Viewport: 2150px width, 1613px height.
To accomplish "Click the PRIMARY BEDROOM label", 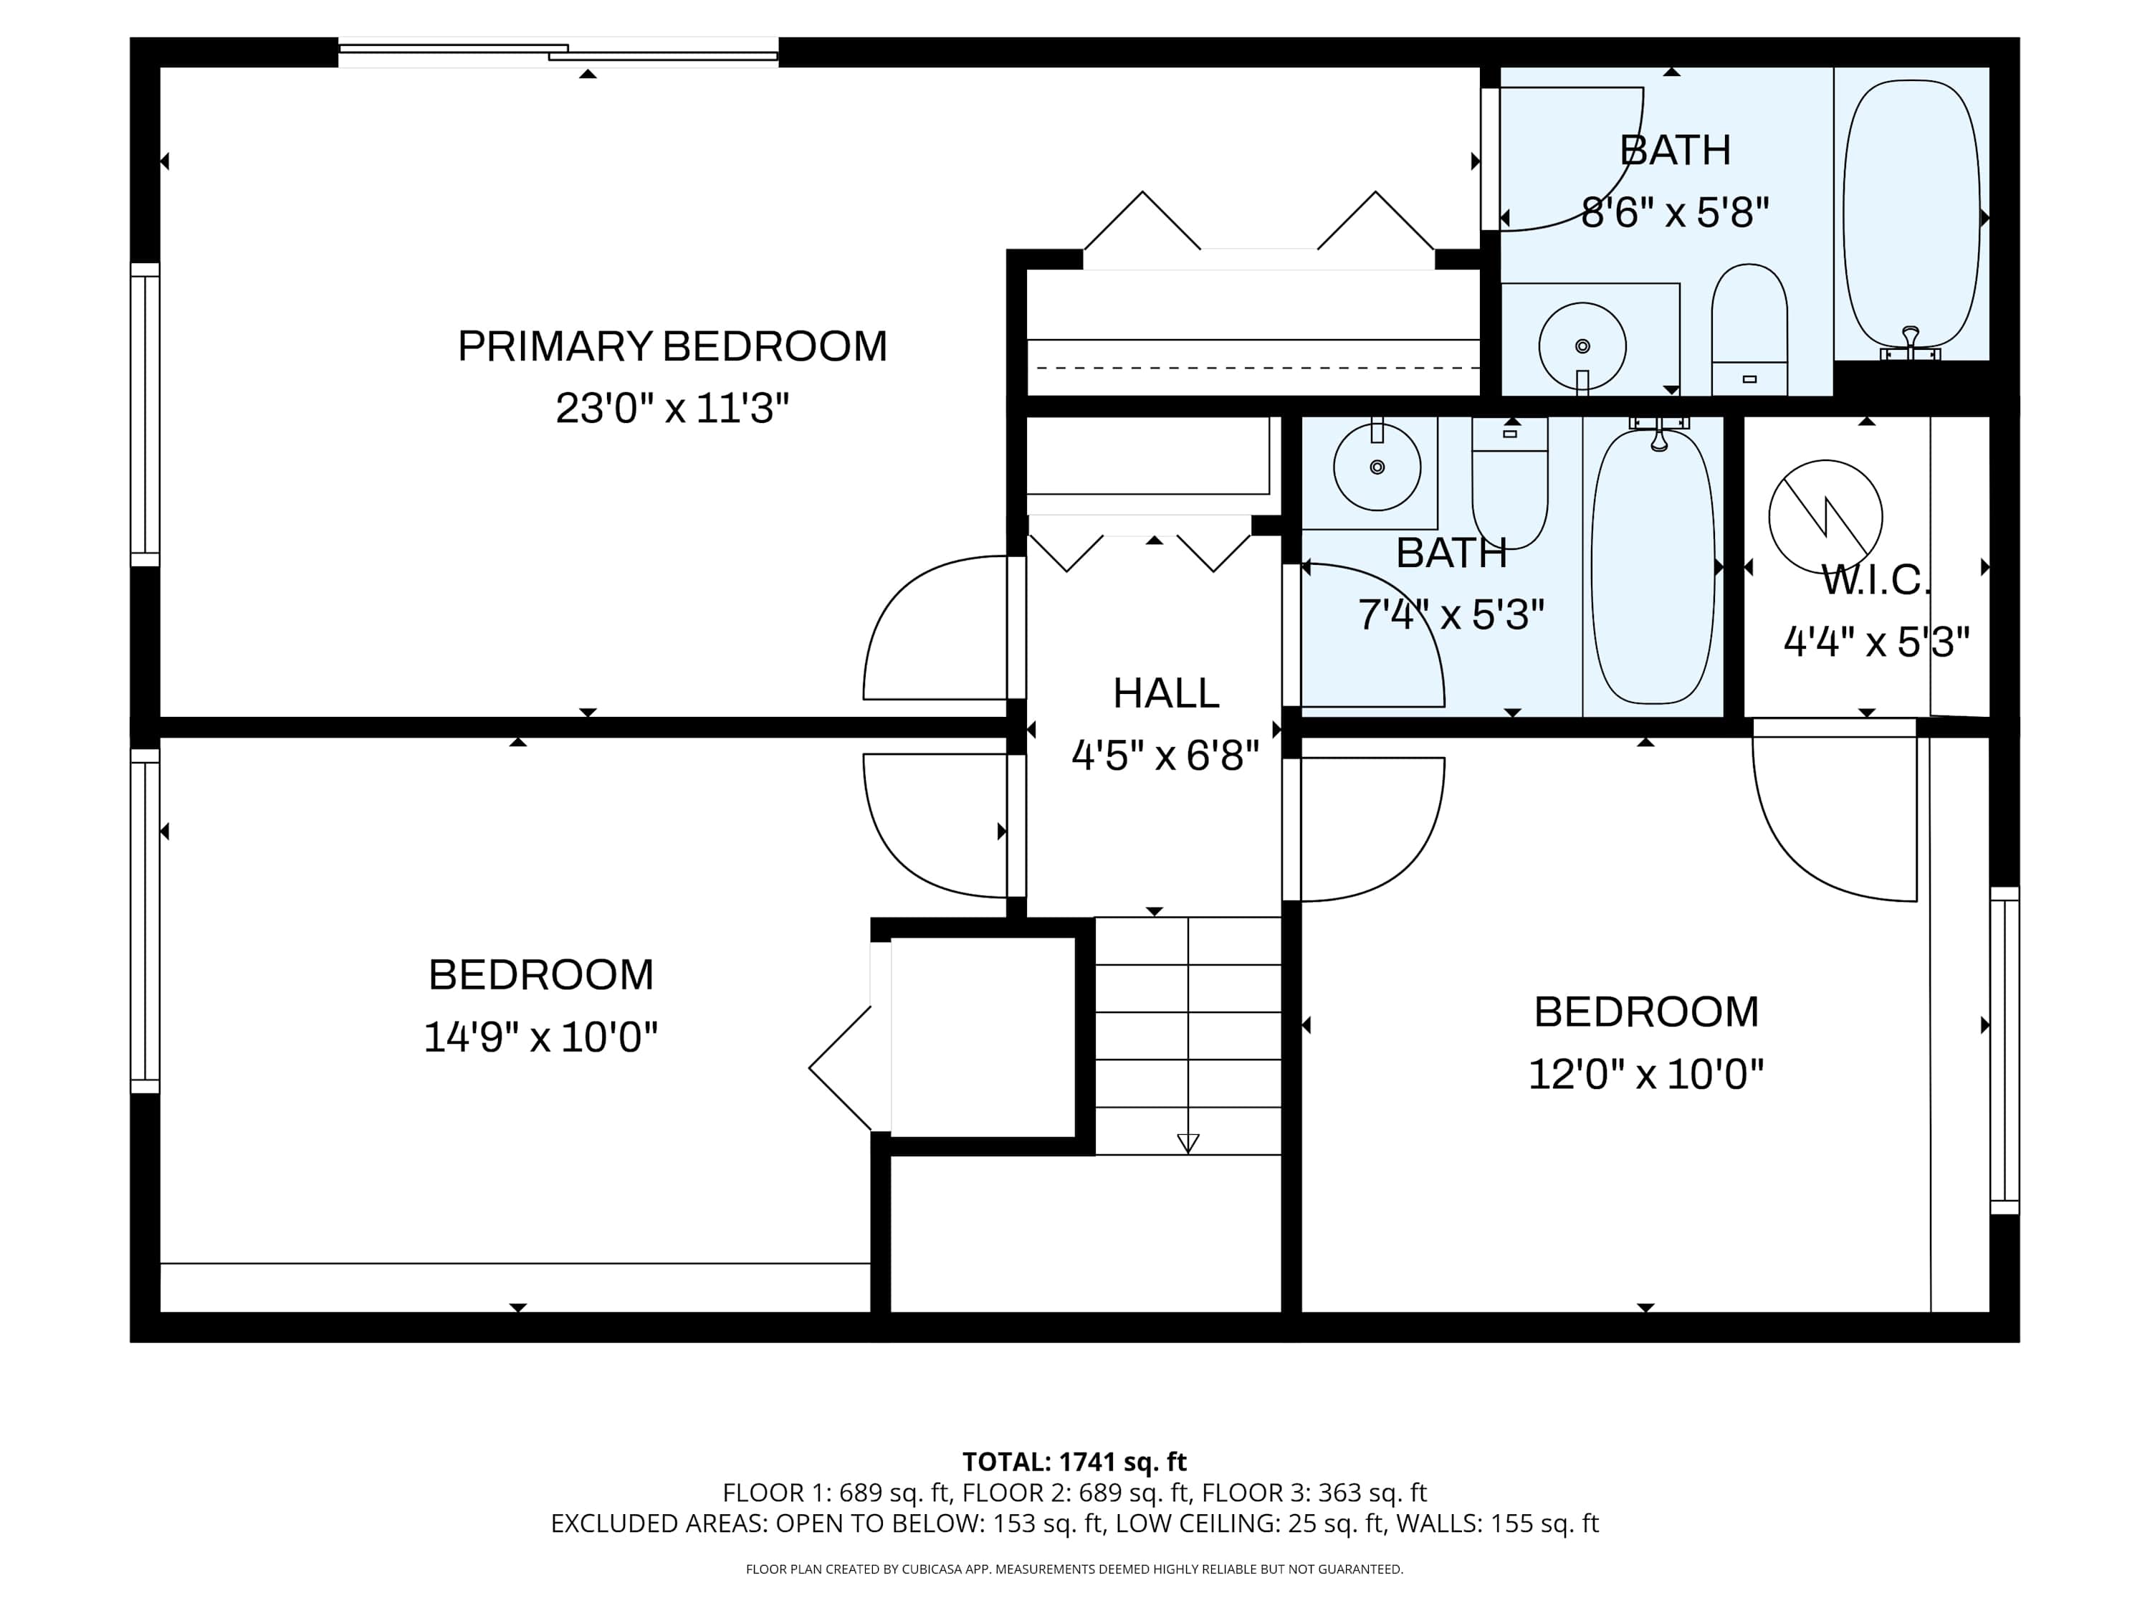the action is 673,346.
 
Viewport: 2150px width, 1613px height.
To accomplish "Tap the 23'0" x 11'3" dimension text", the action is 673,409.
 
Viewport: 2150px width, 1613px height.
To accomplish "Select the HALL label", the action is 1165,693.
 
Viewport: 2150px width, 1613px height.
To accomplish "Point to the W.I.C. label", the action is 1876,581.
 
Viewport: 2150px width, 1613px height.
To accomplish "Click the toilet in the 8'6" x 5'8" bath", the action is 1749,330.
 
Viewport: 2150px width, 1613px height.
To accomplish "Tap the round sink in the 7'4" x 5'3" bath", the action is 1377,467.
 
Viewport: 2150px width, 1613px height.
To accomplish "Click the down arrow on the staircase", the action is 1188,1143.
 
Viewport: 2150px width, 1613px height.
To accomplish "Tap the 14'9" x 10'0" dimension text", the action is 541,1037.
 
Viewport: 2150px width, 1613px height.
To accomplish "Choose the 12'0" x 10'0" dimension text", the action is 1645,1075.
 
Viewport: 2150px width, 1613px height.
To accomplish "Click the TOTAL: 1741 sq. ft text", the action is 1074,1461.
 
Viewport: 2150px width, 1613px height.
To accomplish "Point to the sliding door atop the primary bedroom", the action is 558,52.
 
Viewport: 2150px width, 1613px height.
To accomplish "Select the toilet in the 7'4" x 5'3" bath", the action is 1509,483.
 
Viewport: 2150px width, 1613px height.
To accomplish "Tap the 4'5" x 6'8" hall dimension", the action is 1165,756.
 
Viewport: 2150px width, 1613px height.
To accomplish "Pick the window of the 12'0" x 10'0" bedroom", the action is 2005,1050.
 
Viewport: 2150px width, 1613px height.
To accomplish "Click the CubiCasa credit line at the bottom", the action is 1074,1569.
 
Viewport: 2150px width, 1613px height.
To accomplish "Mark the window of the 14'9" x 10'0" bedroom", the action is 145,920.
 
